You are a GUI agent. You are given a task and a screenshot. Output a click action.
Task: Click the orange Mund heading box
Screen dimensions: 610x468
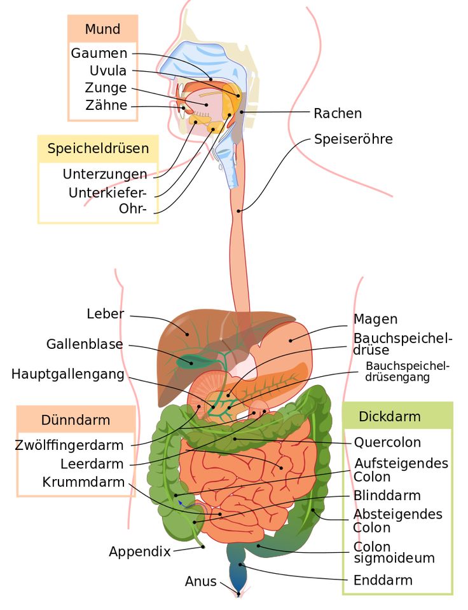[102, 29]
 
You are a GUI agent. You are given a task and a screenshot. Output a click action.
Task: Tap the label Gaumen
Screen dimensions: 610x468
[99, 53]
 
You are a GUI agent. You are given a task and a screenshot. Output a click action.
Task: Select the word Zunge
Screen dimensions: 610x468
[106, 88]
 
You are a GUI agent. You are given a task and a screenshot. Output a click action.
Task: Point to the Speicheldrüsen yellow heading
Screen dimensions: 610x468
[98, 149]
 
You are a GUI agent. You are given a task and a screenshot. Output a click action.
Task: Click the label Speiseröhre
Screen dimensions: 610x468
[353, 139]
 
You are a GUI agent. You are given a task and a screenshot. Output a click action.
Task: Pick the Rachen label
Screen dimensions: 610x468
[338, 113]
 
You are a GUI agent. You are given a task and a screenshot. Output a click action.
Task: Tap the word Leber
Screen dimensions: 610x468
[106, 314]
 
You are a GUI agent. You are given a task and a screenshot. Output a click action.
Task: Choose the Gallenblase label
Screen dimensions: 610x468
[85, 344]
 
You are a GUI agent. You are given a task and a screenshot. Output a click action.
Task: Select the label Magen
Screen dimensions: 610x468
[375, 319]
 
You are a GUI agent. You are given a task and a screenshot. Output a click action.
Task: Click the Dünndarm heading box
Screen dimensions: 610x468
[76, 420]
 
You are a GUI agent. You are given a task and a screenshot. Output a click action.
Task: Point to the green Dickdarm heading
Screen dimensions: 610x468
[390, 417]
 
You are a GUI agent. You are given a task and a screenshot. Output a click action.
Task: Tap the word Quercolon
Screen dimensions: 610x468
[387, 442]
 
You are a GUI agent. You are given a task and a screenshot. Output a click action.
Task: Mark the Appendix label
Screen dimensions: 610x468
[140, 552]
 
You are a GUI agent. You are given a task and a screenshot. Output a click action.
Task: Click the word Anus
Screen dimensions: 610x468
[200, 581]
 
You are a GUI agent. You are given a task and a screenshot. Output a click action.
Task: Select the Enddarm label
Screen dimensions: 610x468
[383, 579]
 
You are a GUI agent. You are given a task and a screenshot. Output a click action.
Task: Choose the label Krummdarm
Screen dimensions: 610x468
[83, 482]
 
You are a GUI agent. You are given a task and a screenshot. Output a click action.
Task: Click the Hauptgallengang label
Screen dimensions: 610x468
[67, 374]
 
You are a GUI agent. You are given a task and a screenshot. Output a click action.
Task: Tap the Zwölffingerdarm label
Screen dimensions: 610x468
[69, 445]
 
